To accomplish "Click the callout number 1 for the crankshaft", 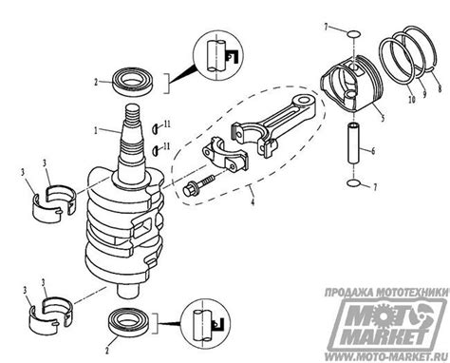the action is (96, 130).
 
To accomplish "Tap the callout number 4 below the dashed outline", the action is (253, 201).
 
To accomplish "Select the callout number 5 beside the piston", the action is (383, 118).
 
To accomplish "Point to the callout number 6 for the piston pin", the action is (373, 151).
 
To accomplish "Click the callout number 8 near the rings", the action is (440, 89).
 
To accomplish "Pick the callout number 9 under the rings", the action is (424, 94).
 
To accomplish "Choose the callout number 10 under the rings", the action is (411, 100).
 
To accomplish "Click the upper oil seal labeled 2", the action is (133, 82).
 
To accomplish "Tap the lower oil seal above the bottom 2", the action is (130, 322).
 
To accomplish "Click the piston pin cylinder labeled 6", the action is (353, 144).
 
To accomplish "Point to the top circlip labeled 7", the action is (353, 33).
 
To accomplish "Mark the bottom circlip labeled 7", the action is (353, 182).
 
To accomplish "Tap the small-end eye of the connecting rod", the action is (304, 101).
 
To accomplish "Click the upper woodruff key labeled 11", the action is (156, 127).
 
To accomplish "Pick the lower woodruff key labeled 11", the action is (156, 151).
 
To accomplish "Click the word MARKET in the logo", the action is (386, 336).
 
